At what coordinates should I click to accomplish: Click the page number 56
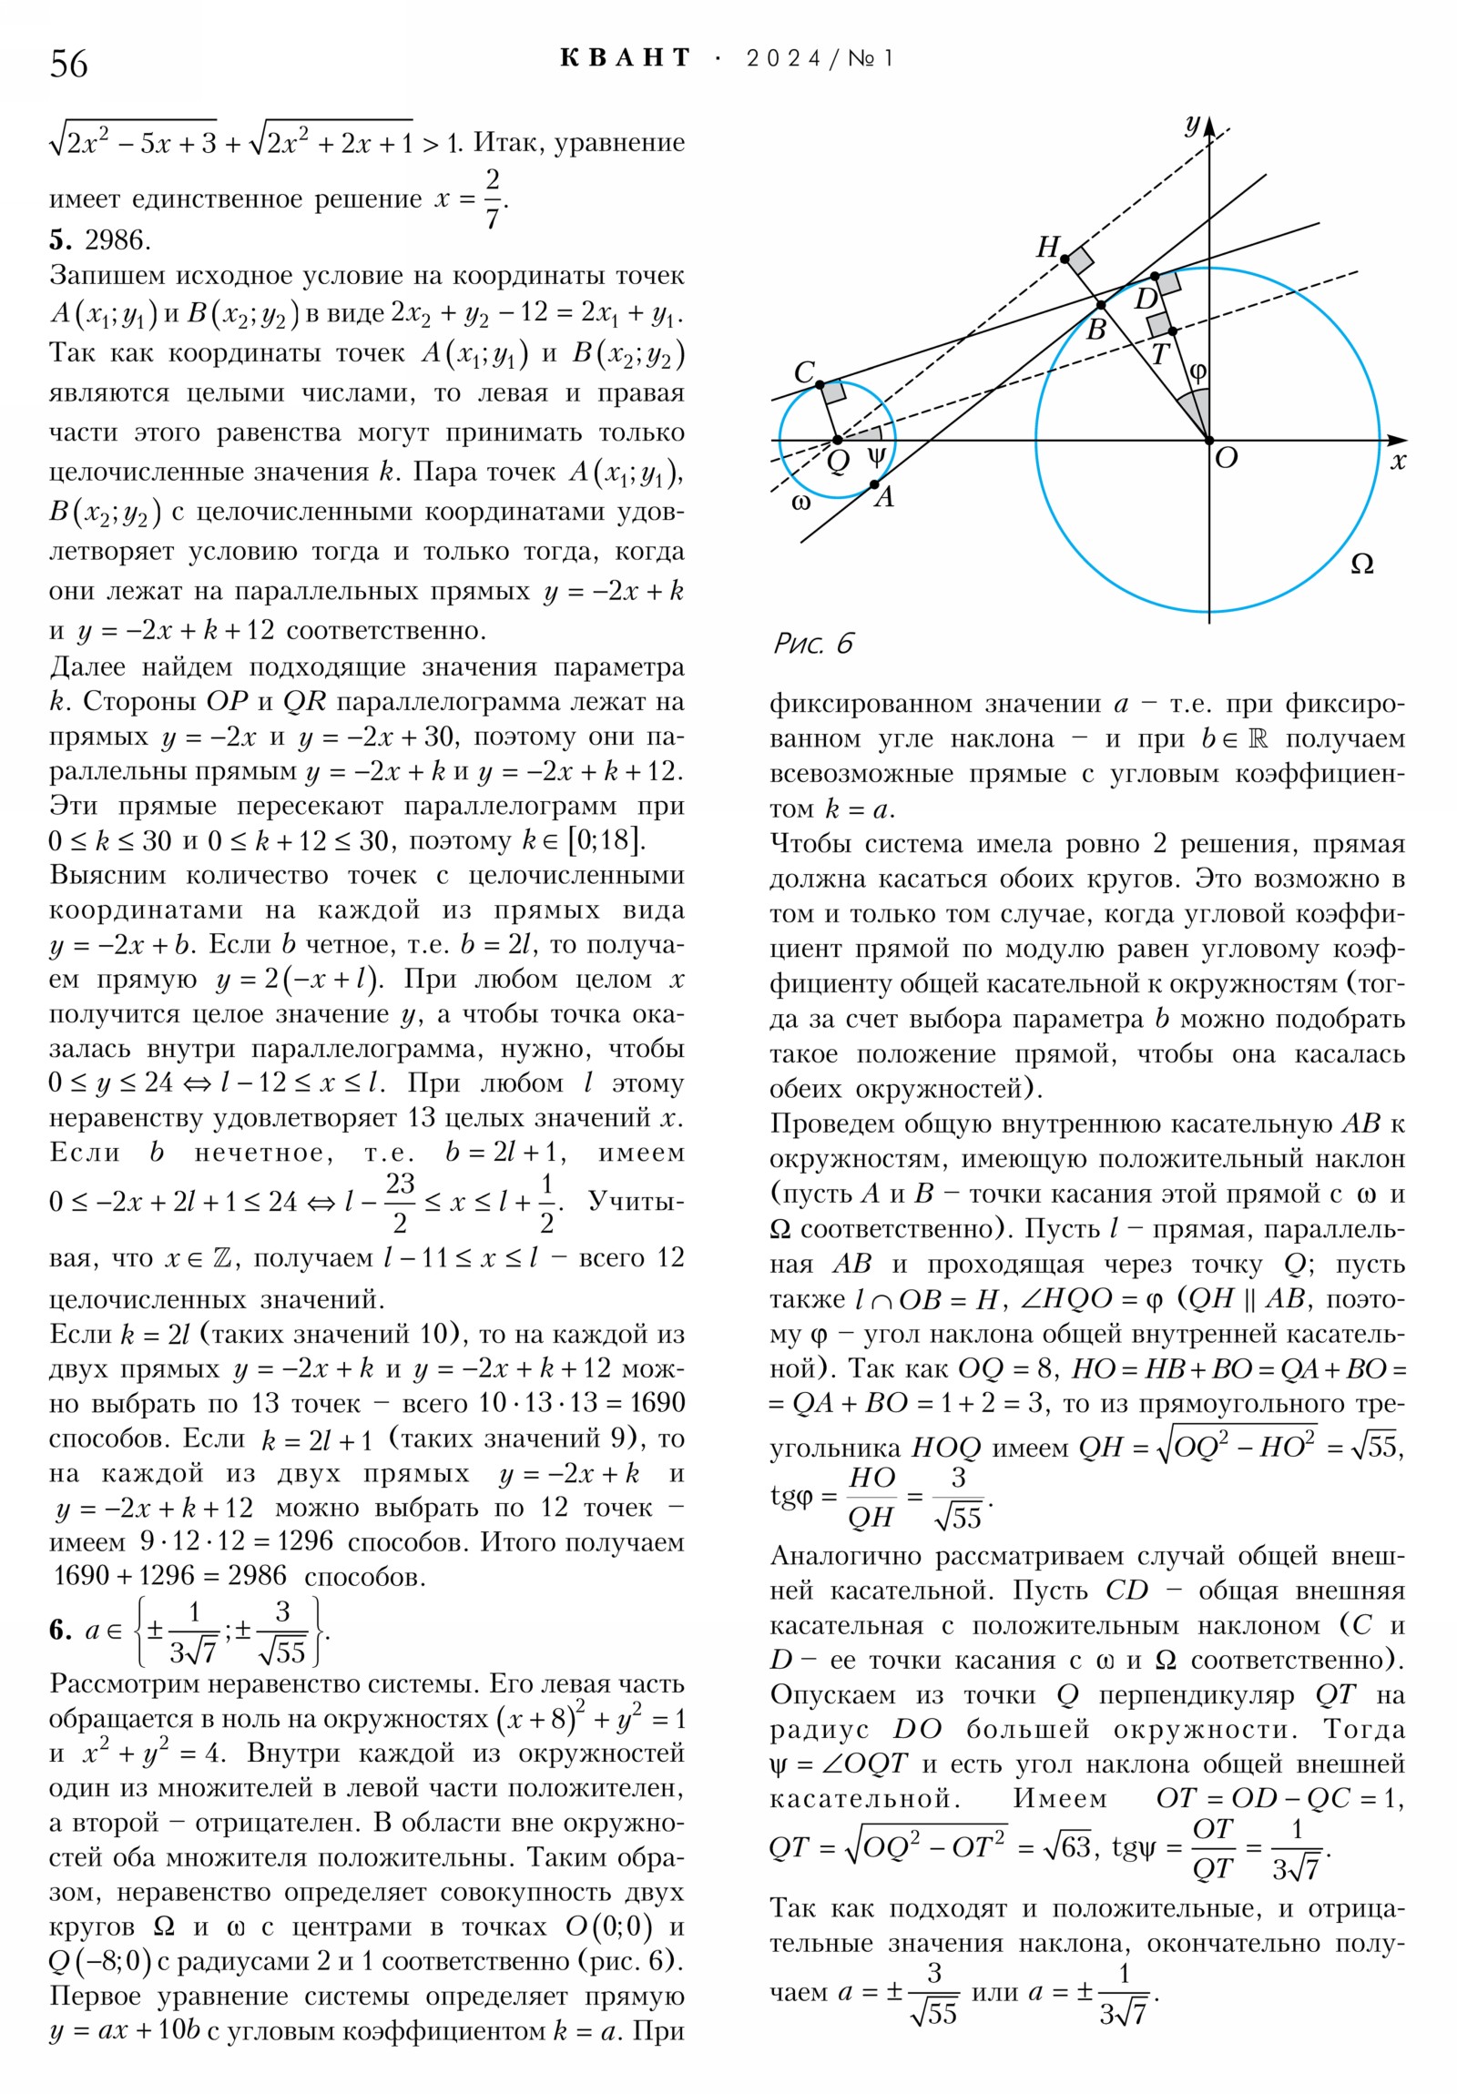(x=69, y=64)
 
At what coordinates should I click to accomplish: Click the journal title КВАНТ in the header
(x=626, y=58)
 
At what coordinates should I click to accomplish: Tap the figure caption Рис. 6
(x=813, y=644)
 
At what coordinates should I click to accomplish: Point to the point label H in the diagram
(x=1047, y=246)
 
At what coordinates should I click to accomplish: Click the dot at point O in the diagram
(x=1209, y=441)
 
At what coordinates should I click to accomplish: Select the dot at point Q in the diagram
(x=838, y=441)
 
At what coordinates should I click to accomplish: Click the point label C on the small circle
(x=804, y=371)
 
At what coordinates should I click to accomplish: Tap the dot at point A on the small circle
(x=874, y=484)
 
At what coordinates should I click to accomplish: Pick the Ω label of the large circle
(x=1361, y=564)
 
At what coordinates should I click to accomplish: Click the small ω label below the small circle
(x=801, y=503)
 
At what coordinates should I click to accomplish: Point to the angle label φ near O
(x=1197, y=372)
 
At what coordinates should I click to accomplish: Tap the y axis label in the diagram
(x=1191, y=124)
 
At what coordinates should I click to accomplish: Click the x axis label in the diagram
(x=1398, y=462)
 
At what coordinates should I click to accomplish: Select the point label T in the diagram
(x=1159, y=354)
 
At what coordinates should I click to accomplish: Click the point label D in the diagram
(x=1145, y=299)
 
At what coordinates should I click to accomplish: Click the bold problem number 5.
(x=59, y=239)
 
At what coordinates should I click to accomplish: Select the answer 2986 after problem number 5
(x=117, y=239)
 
